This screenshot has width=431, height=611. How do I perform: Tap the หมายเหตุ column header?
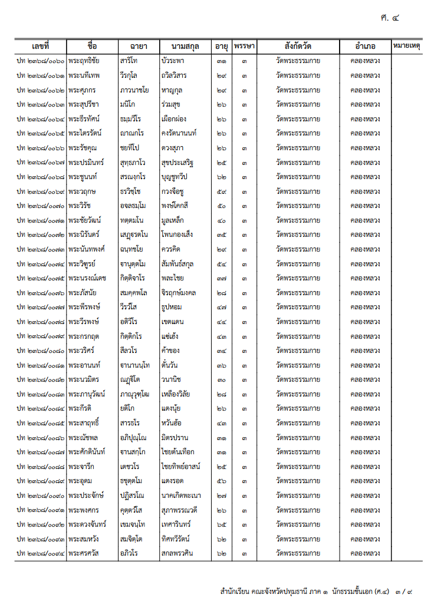406,46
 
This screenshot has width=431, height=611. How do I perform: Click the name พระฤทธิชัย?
84,61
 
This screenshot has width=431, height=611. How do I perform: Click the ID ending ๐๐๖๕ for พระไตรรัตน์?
41,133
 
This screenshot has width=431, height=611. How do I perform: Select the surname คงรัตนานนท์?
179,133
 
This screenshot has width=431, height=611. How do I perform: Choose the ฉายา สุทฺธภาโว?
133,162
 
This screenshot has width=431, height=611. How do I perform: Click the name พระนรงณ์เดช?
87,278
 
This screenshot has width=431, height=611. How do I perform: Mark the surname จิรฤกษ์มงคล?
179,292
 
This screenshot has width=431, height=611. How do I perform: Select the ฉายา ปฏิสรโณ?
131,496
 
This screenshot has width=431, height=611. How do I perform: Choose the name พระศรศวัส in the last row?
83,553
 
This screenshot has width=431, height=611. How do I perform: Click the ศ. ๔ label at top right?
390,18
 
